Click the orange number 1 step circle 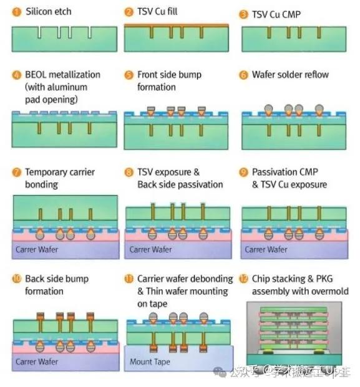click(17, 12)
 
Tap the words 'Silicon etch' click(49, 12)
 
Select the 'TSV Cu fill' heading click(157, 11)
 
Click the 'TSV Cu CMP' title click(276, 14)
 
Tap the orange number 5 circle click(129, 75)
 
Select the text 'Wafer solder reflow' click(290, 75)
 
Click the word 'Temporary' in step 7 click(44, 172)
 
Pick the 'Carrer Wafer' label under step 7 click(37, 249)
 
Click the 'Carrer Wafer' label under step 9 click(266, 249)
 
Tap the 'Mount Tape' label click(150, 361)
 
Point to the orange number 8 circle click(129, 172)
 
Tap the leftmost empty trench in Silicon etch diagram click(39, 32)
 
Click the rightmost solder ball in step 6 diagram click(319, 108)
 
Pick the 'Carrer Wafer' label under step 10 click(37, 361)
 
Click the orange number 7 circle click(17, 172)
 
